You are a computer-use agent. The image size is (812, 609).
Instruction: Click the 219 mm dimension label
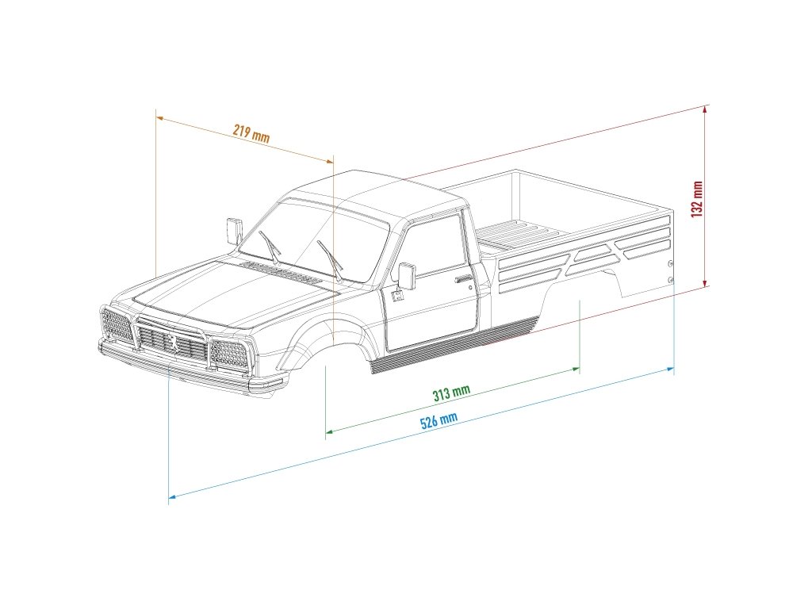pos(251,133)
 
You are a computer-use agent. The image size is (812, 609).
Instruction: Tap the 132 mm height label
pos(697,199)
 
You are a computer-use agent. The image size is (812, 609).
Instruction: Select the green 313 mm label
pos(451,392)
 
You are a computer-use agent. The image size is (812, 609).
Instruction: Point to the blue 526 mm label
pos(439,420)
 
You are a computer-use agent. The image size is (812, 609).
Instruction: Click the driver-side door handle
pos(462,278)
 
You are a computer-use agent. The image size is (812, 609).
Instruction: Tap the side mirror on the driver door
pos(407,275)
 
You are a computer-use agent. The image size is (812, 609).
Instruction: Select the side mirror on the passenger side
pos(234,230)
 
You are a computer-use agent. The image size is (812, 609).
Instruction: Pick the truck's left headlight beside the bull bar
pos(117,324)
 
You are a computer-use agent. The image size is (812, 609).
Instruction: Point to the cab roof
pos(373,190)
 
